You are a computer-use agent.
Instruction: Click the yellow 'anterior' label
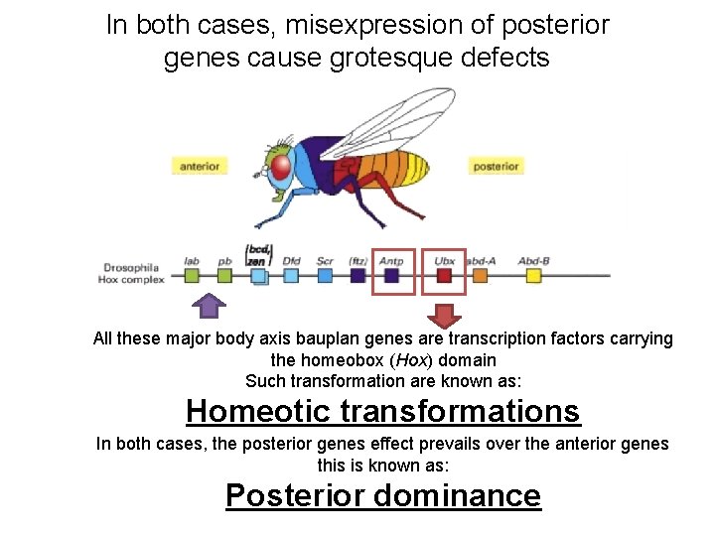(x=200, y=166)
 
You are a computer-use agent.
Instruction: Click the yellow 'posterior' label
(x=496, y=166)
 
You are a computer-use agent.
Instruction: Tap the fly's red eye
(x=283, y=169)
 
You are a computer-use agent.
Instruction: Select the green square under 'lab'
(x=193, y=276)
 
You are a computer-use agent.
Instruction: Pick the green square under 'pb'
(x=224, y=276)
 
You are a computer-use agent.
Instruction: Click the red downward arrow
(x=445, y=315)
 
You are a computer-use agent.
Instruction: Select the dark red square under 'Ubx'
(x=444, y=276)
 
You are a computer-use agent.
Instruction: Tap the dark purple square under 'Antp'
(x=392, y=276)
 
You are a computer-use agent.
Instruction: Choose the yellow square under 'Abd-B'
(x=533, y=276)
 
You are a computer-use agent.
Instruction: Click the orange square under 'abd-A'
(x=480, y=276)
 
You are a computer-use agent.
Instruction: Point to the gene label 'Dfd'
(x=291, y=261)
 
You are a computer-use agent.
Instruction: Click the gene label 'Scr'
(x=324, y=261)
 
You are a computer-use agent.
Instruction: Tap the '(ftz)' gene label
(x=357, y=261)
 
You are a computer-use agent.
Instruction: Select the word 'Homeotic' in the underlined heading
(x=258, y=410)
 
